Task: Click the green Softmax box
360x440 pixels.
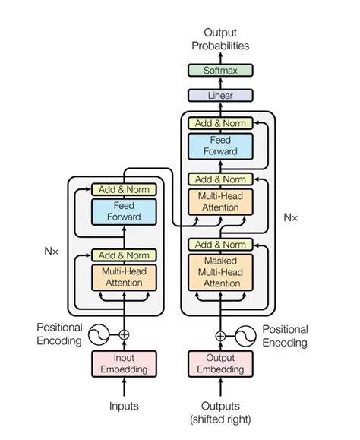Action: click(220, 71)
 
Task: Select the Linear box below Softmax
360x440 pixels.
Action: click(220, 97)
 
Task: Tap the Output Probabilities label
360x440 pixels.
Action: click(220, 39)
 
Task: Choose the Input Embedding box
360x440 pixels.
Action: click(124, 364)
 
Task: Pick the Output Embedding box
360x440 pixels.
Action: click(220, 364)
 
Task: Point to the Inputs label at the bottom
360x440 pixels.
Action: click(124, 406)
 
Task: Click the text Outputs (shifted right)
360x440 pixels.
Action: click(220, 412)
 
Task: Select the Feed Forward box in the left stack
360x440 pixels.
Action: click(124, 212)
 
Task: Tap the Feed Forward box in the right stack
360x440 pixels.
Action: click(220, 145)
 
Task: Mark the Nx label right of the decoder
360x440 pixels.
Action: click(291, 217)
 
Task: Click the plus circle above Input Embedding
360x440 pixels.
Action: click(124, 334)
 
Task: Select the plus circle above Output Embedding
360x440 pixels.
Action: click(220, 334)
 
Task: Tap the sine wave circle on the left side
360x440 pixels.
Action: click(98, 334)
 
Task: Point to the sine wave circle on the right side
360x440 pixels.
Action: click(245, 334)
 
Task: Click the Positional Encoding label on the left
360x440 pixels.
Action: click(58, 334)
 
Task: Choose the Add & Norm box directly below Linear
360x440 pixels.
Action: click(220, 122)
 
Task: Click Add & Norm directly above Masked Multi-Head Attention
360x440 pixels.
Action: click(220, 244)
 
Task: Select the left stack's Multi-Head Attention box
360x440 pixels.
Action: click(124, 277)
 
